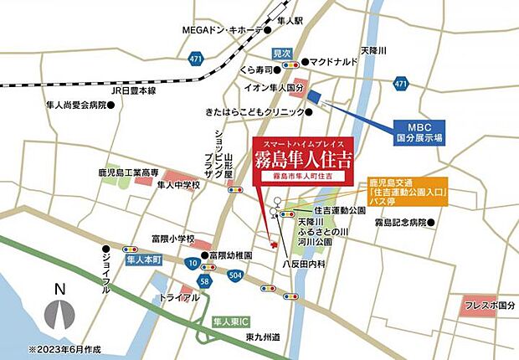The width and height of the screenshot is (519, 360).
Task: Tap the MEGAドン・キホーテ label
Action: click(223, 30)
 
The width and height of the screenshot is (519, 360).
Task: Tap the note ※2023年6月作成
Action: click(64, 348)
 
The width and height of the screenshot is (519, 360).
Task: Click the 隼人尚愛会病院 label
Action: click(78, 106)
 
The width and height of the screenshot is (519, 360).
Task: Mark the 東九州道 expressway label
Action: click(261, 337)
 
